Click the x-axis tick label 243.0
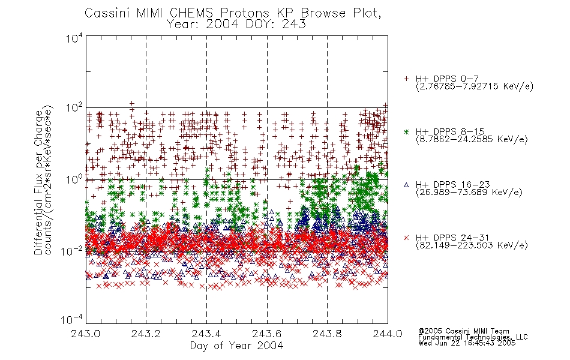[x=86, y=334]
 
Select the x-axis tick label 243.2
[x=146, y=334]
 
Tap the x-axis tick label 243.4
[x=206, y=334]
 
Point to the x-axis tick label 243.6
[x=267, y=334]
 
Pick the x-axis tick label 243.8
[x=327, y=334]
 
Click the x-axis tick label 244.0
[x=388, y=334]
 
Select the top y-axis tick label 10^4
[x=74, y=38]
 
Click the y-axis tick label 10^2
[x=74, y=108]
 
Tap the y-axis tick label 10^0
[x=74, y=179]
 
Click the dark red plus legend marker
[x=406, y=79]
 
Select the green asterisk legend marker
[x=406, y=131]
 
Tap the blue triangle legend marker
[x=406, y=185]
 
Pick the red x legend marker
[x=406, y=238]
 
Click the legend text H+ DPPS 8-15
[x=450, y=131]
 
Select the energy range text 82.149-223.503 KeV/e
[x=472, y=245]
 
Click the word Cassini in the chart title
[x=107, y=13]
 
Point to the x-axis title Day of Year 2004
[x=236, y=346]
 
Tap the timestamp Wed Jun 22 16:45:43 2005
[x=467, y=343]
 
